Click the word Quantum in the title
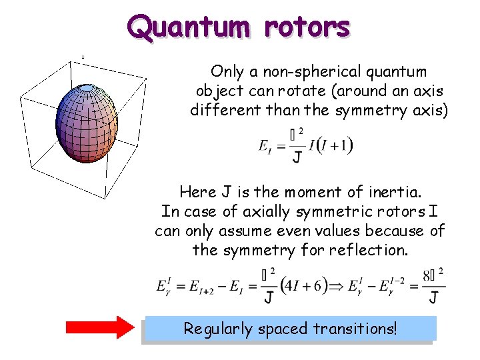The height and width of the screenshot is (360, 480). coord(189,28)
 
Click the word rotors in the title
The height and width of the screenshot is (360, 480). coord(307,27)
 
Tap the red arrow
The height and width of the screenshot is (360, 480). coord(100,329)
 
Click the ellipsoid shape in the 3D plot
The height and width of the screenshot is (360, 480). coord(87,124)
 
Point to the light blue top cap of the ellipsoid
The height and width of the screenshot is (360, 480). coord(87,88)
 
